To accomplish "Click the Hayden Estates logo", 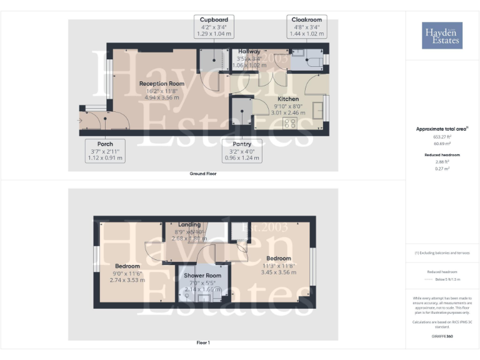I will coord(442,35).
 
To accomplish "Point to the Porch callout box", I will coord(105,151).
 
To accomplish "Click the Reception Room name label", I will coord(162,84).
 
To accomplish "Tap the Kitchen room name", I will coord(288,99).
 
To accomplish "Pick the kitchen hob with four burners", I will coord(289,124).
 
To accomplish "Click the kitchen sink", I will coord(326,104).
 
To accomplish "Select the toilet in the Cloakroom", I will coord(301,54).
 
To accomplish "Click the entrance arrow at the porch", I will coord(79,120).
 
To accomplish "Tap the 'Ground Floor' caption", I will coord(203,174).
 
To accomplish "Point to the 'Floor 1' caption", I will coord(203,342).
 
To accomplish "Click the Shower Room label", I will coord(202,276).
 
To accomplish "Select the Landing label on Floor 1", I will coord(189,224).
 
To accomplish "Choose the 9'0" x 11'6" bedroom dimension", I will coord(127,273).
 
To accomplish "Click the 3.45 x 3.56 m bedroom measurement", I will coord(278,272).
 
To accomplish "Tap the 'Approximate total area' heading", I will coord(442,129).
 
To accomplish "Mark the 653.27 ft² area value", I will coord(442,136).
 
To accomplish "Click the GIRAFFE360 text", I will coord(441,337).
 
